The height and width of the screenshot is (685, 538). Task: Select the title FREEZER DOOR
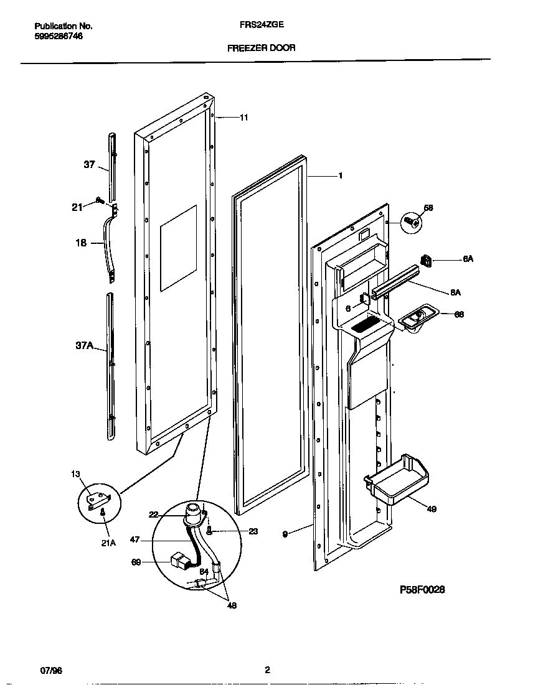pos(262,47)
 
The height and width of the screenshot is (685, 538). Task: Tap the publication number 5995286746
pos(59,36)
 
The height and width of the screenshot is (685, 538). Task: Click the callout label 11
pos(244,117)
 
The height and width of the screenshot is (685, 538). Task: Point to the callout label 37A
pos(85,346)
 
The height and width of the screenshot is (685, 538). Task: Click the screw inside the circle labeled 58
pos(410,221)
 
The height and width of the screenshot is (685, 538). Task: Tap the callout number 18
pos(81,243)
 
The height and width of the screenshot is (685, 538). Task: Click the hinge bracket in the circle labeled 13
pos(98,498)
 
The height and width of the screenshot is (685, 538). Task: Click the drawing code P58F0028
pos(422,589)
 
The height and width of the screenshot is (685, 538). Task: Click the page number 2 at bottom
pos(267,670)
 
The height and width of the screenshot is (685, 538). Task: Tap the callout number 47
pos(135,540)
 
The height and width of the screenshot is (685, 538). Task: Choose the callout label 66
pos(459,315)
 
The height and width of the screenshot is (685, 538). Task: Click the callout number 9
pos(285,534)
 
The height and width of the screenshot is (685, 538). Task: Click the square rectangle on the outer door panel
pos(178,248)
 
